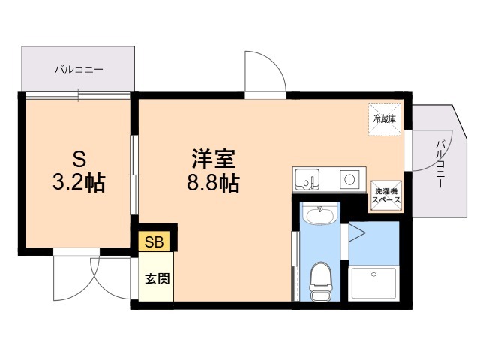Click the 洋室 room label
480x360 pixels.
[x=214, y=160]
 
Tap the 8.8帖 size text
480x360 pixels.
[x=214, y=184]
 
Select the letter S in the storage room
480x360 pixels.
[x=78, y=159]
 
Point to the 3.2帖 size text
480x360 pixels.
[x=78, y=183]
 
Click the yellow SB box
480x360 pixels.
[x=153, y=241]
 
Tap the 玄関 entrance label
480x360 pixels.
[x=157, y=279]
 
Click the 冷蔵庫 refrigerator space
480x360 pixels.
[x=385, y=118]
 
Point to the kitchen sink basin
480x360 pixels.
[x=307, y=180]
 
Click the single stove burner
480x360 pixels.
[x=349, y=179]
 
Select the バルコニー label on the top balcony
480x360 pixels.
[x=78, y=70]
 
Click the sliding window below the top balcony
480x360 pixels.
[x=78, y=94]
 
